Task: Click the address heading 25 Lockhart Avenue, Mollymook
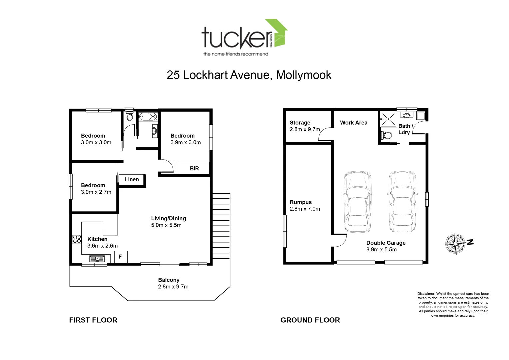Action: (249, 75)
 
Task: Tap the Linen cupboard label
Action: (132, 180)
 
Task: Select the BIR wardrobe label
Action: (194, 169)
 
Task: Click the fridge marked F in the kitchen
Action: (120, 257)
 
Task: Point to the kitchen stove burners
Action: (77, 239)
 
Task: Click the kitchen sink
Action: (97, 259)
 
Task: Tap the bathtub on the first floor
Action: (148, 117)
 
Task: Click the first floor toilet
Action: (130, 116)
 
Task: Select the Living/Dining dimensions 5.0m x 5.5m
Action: (166, 225)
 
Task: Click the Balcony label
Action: (169, 280)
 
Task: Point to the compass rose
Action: (455, 244)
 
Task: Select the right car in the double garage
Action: (402, 202)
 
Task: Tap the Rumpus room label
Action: (301, 202)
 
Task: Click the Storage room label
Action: (300, 123)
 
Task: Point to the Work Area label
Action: (354, 123)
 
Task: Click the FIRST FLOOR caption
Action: (93, 320)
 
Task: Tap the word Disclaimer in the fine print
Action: (426, 294)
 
